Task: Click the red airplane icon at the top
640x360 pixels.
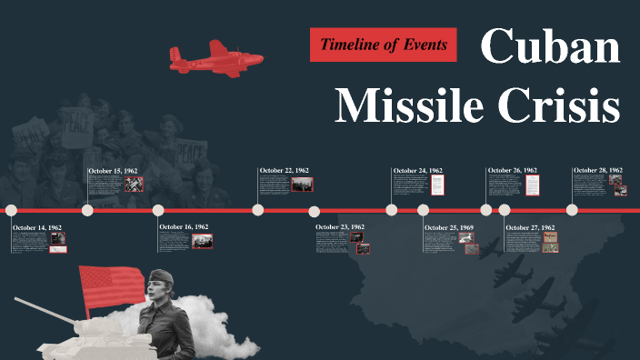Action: click(x=215, y=57)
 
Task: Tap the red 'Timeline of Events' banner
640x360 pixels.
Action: click(x=384, y=44)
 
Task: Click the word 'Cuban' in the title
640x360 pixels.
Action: click(x=550, y=46)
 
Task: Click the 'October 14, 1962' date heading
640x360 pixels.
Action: click(x=37, y=227)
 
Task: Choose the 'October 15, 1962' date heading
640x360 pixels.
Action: click(x=113, y=171)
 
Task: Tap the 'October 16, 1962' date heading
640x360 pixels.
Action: click(x=184, y=226)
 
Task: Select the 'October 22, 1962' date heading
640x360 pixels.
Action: click(x=285, y=170)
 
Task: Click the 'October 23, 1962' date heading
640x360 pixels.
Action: click(x=340, y=226)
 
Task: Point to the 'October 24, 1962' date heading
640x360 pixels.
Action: click(x=418, y=171)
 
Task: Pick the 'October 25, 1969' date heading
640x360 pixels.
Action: click(x=449, y=226)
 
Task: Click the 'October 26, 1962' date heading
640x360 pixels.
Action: click(x=513, y=170)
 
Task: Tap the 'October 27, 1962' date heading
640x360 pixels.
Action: click(x=530, y=227)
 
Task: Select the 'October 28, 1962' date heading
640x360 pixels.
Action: click(x=597, y=170)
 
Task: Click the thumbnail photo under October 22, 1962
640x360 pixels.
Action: click(x=303, y=184)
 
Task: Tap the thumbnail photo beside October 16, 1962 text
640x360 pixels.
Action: click(x=203, y=240)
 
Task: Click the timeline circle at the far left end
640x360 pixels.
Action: click(x=12, y=210)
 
